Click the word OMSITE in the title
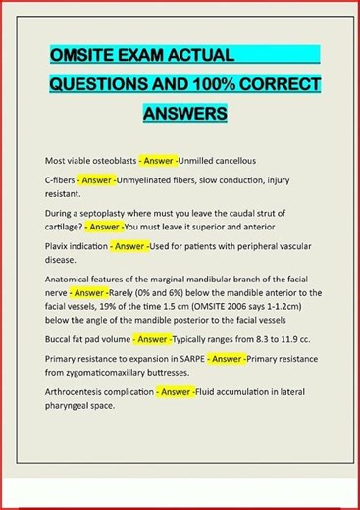[x=83, y=54]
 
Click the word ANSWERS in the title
[x=185, y=114]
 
